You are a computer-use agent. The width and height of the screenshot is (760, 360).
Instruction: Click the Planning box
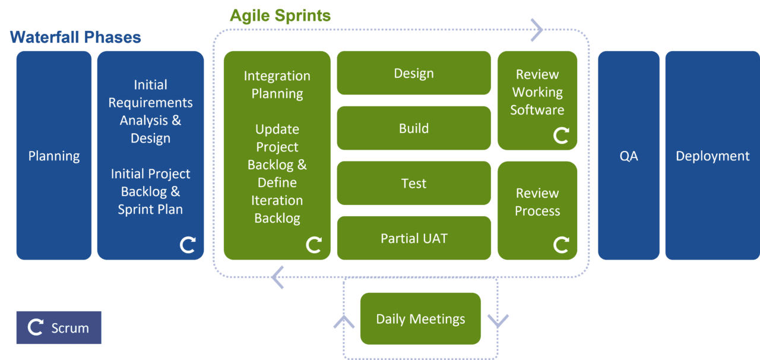tap(54, 156)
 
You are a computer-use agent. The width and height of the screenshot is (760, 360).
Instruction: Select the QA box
tap(629, 156)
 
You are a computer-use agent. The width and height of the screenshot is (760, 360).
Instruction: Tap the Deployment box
tap(712, 156)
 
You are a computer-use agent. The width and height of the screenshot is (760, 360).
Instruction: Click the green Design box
tap(414, 73)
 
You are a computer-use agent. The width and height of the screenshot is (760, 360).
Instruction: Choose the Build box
tap(414, 128)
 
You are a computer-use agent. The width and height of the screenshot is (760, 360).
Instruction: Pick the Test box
tap(414, 183)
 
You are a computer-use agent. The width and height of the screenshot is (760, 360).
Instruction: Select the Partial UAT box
tap(414, 238)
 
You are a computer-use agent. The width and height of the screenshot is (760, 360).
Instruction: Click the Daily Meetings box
tap(420, 319)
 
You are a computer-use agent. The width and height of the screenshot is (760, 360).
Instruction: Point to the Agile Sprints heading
tap(280, 16)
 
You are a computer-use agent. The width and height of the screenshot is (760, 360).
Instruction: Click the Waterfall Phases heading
tap(75, 37)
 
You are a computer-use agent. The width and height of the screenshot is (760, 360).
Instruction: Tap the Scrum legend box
tap(59, 327)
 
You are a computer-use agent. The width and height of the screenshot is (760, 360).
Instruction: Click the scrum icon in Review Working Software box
tap(561, 135)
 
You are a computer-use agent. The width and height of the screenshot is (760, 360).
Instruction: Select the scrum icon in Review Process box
tap(561, 245)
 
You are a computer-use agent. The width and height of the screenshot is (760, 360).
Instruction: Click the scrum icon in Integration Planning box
tap(313, 245)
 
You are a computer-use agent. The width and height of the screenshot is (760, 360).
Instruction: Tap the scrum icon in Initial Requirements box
tap(188, 245)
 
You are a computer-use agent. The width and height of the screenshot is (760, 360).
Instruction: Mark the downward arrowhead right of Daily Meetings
tap(498, 321)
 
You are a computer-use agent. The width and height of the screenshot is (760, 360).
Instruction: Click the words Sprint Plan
tap(150, 209)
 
